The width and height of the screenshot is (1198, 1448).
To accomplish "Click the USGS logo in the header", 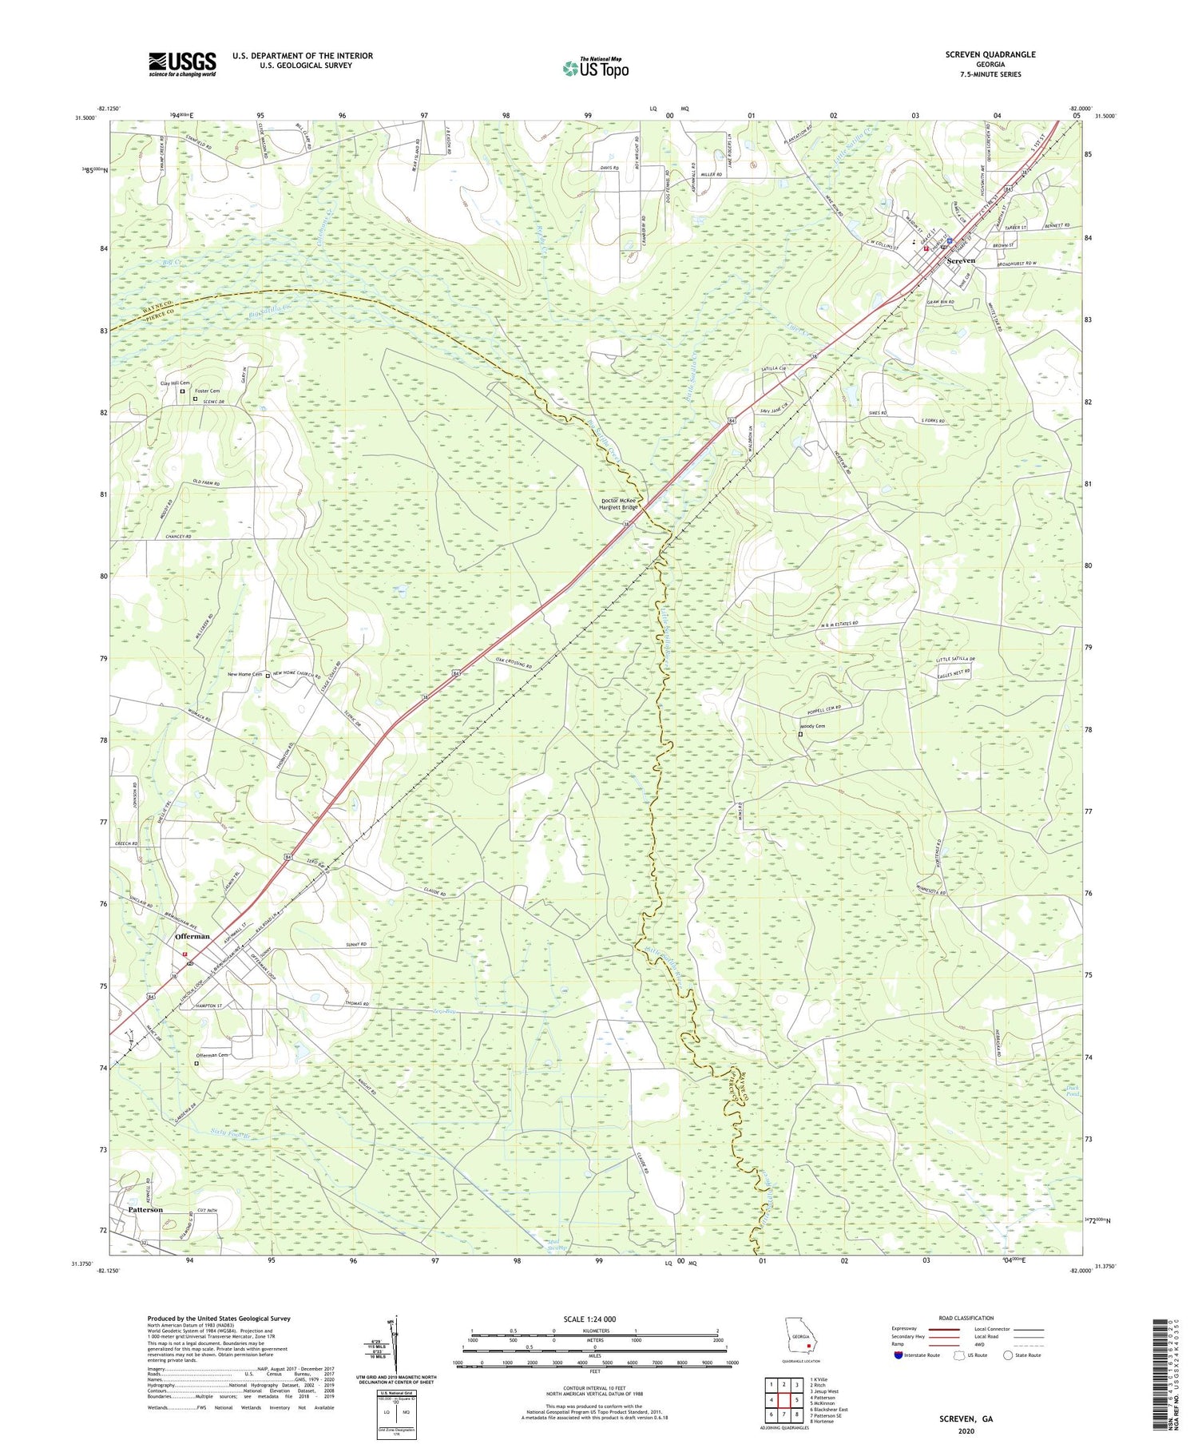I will [x=182, y=64].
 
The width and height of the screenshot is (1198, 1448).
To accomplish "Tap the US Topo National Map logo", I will [x=595, y=69].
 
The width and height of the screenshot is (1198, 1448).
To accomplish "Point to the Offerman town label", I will [x=192, y=936].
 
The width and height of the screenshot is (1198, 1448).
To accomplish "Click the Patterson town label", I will [x=145, y=1209].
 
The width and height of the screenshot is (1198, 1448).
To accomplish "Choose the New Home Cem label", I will [x=244, y=674].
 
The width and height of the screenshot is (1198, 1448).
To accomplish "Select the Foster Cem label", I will [x=207, y=391].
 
